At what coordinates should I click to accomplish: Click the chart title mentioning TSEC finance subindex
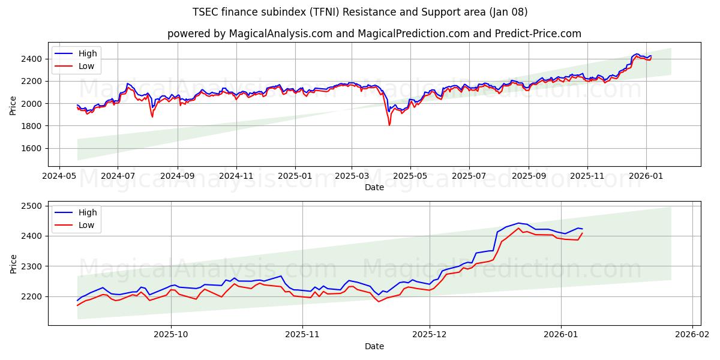(x=360, y=12)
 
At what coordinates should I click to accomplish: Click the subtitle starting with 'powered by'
(x=374, y=34)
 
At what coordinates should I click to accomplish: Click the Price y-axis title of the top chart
(x=13, y=104)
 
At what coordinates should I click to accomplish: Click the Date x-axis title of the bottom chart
(x=374, y=347)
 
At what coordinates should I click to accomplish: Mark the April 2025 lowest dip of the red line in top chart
(x=389, y=125)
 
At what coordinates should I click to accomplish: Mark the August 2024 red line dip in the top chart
(x=152, y=116)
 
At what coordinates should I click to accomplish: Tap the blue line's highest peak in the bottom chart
(x=518, y=223)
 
